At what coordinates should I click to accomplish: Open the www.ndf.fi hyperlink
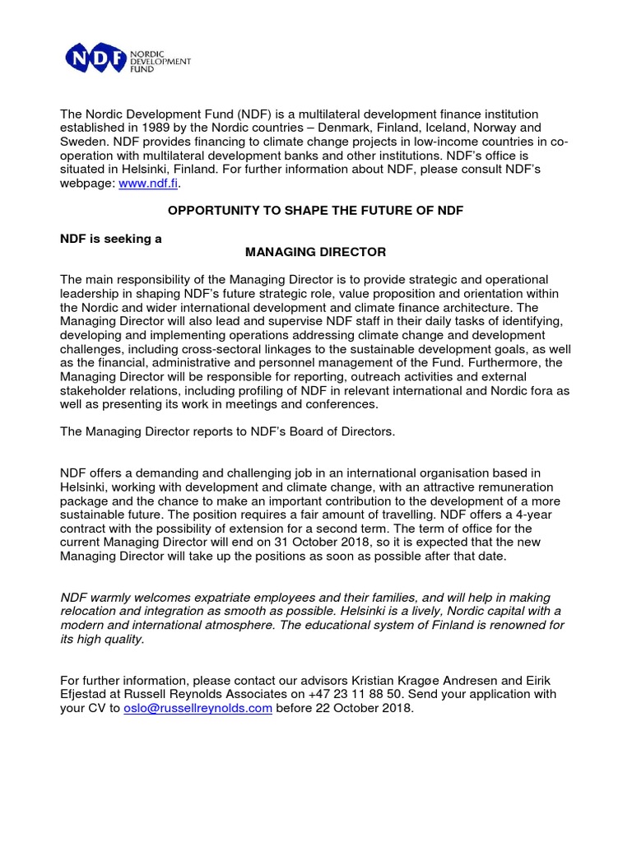pos(148,184)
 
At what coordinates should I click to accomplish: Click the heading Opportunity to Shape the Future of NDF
pos(316,211)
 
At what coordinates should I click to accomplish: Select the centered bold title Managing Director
pos(316,251)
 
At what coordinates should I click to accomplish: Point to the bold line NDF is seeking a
pos(111,238)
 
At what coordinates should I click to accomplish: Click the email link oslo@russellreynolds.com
pos(197,708)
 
